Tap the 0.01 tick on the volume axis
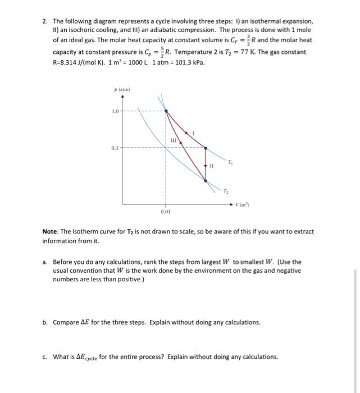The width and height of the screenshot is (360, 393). (x=165, y=212)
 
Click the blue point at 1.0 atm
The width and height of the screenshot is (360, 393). (x=166, y=111)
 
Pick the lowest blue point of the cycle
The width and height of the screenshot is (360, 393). (x=206, y=181)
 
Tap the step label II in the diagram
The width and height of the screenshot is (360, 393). (x=212, y=166)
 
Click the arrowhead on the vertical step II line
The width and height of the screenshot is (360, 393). (x=206, y=166)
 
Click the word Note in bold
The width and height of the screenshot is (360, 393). (x=52, y=231)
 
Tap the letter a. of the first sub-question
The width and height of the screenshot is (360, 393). (x=45, y=262)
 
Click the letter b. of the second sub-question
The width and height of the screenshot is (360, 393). (x=45, y=322)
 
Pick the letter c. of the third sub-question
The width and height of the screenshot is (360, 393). (x=45, y=357)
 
